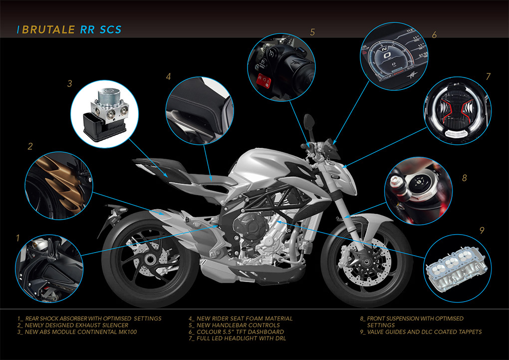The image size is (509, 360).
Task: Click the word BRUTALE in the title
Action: click(x=48, y=29)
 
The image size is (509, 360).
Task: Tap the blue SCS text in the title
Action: click(x=110, y=29)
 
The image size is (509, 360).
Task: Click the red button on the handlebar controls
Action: click(x=263, y=80)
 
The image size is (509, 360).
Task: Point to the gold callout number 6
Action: click(x=434, y=35)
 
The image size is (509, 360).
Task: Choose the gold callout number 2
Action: click(x=30, y=146)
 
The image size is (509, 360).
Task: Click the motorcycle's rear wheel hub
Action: click(x=150, y=259)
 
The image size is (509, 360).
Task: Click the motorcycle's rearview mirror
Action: click(x=309, y=122)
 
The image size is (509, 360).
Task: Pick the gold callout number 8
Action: click(x=465, y=178)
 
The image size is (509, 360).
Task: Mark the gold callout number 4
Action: click(x=168, y=77)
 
